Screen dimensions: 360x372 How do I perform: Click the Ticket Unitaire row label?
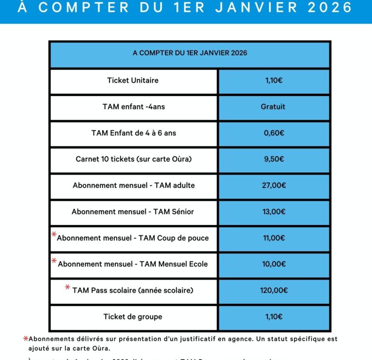click(133, 80)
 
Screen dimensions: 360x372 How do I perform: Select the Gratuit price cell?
click(273, 107)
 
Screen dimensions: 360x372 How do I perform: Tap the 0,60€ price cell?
click(274, 133)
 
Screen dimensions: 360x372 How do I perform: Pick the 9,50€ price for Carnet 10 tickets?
click(274, 159)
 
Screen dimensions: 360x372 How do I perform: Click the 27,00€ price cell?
click(274, 185)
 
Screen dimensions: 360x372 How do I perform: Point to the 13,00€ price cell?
click(274, 212)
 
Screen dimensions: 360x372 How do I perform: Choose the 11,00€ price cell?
click(274, 238)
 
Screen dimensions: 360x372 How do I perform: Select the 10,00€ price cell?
click(274, 264)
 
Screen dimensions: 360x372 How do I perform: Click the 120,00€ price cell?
click(274, 291)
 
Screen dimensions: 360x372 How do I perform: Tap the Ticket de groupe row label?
click(133, 317)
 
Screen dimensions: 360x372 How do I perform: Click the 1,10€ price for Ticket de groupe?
click(274, 317)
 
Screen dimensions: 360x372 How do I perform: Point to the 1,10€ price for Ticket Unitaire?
click(274, 80)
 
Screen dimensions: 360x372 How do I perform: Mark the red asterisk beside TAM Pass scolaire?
click(68, 287)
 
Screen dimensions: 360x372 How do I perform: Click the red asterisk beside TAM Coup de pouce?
click(54, 235)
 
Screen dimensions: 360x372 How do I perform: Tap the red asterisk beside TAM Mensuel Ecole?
click(54, 261)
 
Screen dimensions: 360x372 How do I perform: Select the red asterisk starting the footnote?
click(25, 338)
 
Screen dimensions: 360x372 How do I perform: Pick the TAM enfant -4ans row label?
click(134, 107)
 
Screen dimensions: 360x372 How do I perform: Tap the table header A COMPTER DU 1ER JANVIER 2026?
click(190, 53)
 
